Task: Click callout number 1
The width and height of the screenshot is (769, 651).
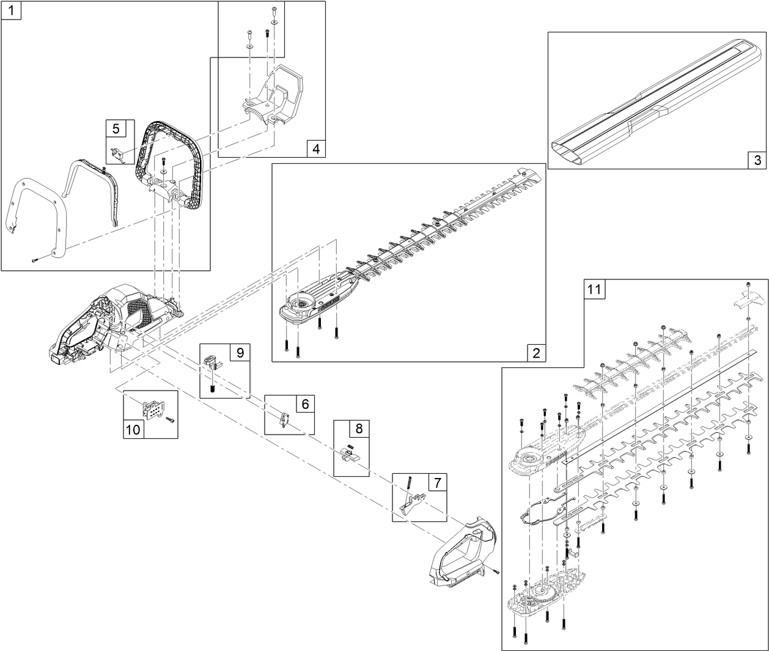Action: (11, 10)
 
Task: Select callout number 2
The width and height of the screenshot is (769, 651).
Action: (536, 353)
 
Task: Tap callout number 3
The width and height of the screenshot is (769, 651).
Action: (757, 160)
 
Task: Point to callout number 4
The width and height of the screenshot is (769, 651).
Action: (315, 149)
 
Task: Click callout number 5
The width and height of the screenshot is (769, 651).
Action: (116, 128)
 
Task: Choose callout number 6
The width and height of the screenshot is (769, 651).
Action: (305, 404)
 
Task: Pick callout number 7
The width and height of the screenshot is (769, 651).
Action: (436, 482)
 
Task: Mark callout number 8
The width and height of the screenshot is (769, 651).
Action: (359, 428)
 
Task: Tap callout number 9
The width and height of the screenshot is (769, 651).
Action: (240, 353)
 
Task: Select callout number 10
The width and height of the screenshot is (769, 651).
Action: (133, 430)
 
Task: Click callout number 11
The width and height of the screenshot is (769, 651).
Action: (594, 289)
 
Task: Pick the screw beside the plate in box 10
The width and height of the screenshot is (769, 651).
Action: (169, 420)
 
